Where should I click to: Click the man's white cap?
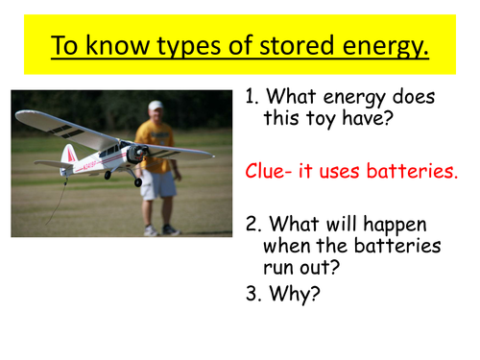(x=155, y=105)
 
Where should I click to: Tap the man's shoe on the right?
(x=171, y=229)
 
